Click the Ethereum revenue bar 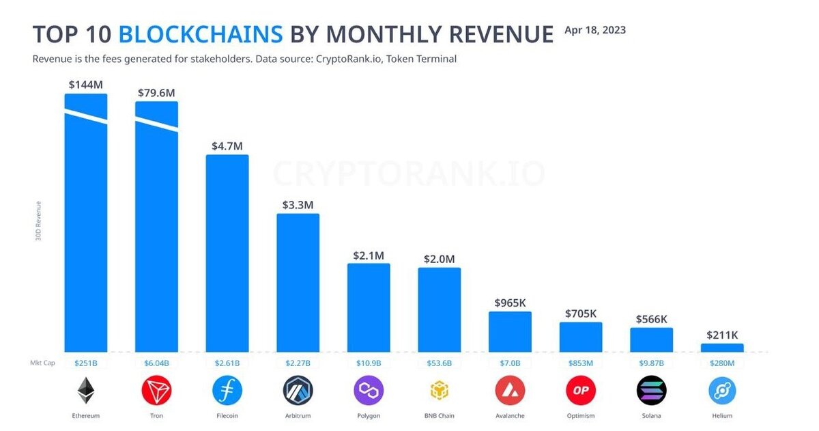[x=86, y=232]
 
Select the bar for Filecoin [x=227, y=253]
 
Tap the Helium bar [x=722, y=348]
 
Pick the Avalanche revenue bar [x=510, y=331]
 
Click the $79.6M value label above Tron [x=156, y=93]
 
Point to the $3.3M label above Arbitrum [x=298, y=205]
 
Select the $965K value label [x=510, y=303]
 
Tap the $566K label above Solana [x=651, y=319]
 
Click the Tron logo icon [x=156, y=391]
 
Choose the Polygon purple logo [x=369, y=391]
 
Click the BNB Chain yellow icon [x=440, y=391]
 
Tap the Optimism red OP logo [x=581, y=391]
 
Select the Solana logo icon [x=651, y=391]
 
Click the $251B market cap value [x=86, y=363]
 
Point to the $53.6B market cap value [x=440, y=363]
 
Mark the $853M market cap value [x=581, y=363]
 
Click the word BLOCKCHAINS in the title [x=201, y=34]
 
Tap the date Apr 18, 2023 [x=595, y=30]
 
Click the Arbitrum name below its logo [x=298, y=415]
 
